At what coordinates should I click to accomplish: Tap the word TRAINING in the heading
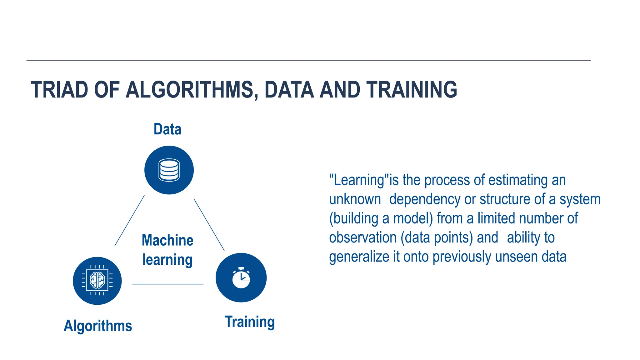click(412, 90)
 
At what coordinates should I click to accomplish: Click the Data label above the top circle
click(167, 129)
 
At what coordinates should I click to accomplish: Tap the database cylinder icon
click(169, 170)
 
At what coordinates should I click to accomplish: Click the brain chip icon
click(97, 280)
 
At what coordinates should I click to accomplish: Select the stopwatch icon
click(241, 278)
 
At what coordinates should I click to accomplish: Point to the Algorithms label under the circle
click(98, 326)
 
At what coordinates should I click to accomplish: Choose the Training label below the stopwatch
click(250, 322)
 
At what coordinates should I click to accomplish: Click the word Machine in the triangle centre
click(167, 240)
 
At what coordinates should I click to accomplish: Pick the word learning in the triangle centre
click(167, 260)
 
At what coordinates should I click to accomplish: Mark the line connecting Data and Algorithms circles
click(129, 221)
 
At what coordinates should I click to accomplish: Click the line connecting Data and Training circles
click(209, 225)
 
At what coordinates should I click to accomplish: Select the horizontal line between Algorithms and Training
click(167, 284)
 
